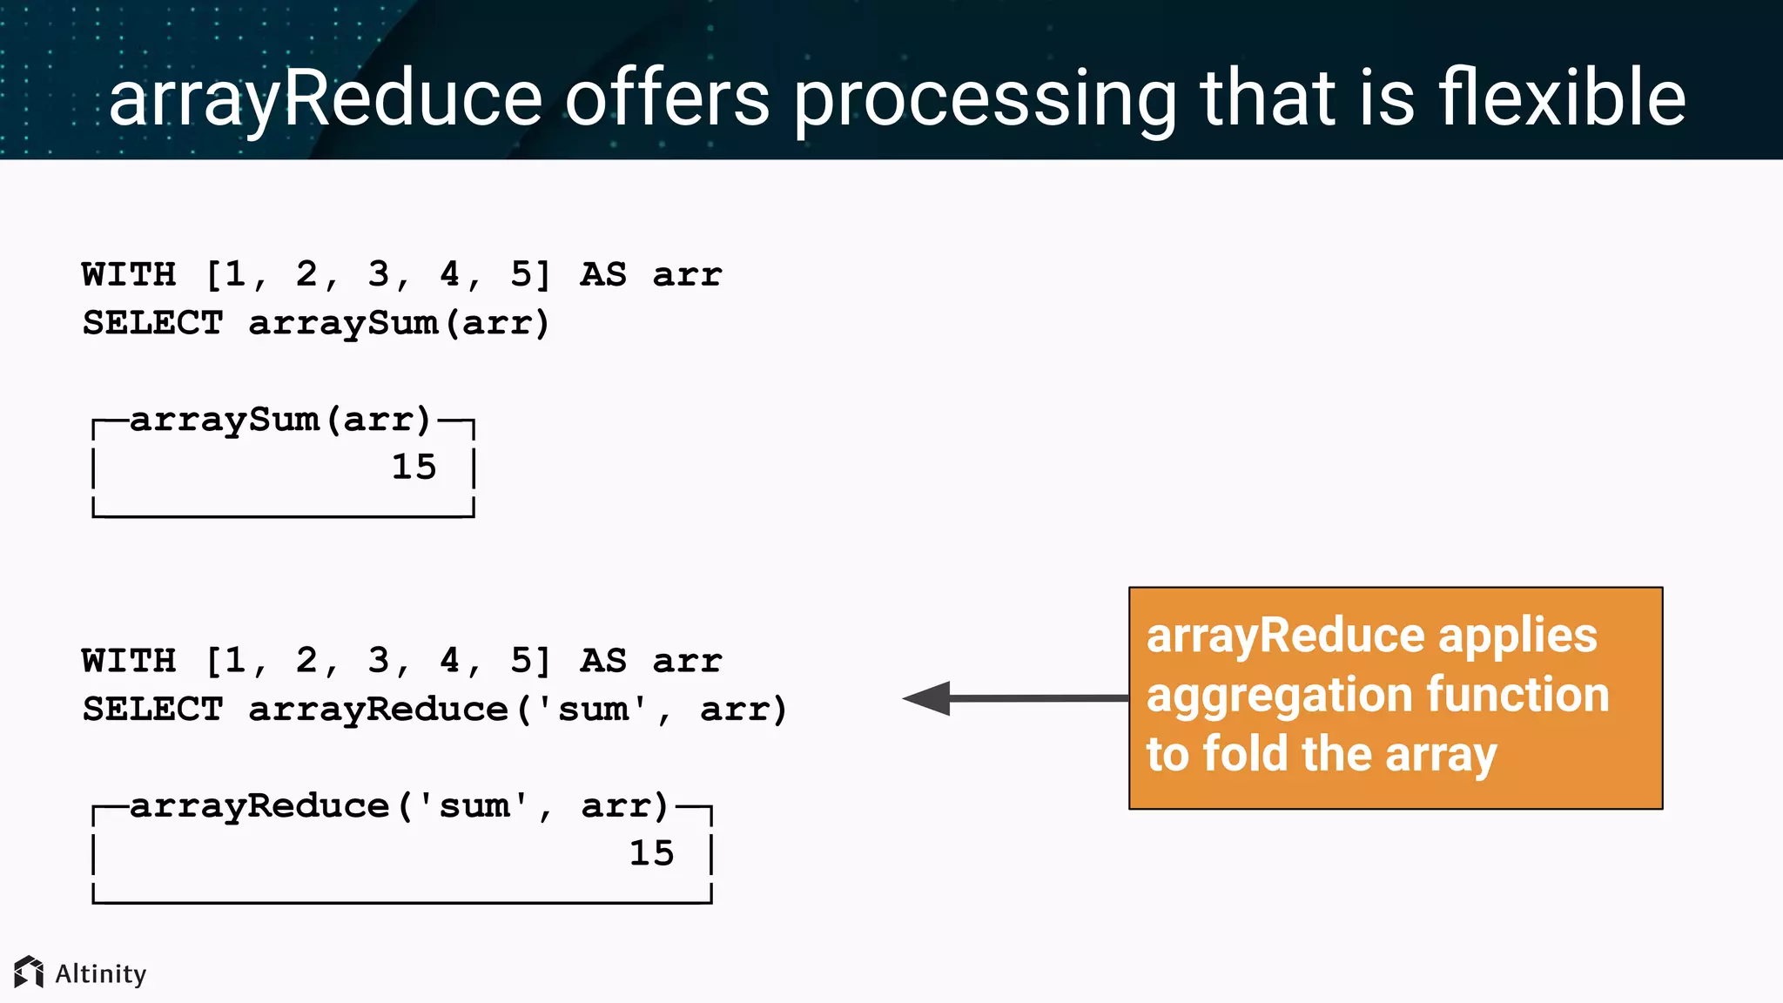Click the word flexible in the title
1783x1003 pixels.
1562,98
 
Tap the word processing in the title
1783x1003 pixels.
985,100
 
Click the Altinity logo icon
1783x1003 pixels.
29,972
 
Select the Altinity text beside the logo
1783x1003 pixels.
101,973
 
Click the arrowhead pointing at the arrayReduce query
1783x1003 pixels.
928,698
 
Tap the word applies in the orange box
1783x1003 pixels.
1517,635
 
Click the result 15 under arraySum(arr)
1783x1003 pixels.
414,468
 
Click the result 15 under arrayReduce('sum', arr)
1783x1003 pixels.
651,853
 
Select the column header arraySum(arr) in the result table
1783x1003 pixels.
280,420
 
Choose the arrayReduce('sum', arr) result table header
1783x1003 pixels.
399,806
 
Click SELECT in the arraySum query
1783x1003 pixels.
152,323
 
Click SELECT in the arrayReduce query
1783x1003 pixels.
152,710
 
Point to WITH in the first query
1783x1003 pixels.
129,274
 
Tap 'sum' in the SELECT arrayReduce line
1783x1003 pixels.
592,710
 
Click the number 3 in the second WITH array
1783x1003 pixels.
378,661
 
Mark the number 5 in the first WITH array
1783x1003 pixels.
521,274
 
